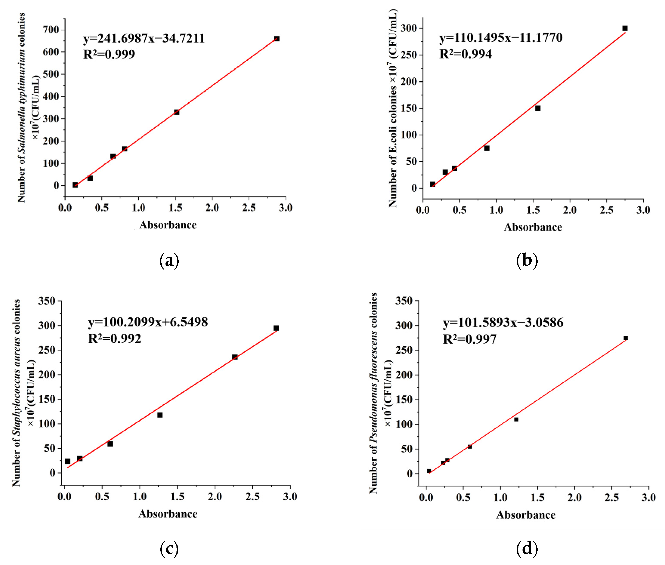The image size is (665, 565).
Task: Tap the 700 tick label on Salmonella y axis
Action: (51, 30)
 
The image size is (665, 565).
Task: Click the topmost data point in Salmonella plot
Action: (277, 39)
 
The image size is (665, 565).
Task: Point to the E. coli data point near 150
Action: (538, 108)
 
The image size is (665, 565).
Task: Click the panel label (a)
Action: (169, 260)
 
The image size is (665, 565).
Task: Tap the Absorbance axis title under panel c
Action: (168, 514)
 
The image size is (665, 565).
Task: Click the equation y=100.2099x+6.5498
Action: (148, 322)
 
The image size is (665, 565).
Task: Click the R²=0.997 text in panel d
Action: (470, 339)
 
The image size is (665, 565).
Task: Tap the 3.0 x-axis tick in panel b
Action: (643, 210)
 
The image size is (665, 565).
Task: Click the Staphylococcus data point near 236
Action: (235, 357)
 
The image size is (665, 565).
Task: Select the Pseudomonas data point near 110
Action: (516, 419)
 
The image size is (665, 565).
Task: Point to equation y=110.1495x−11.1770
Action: (501, 38)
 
